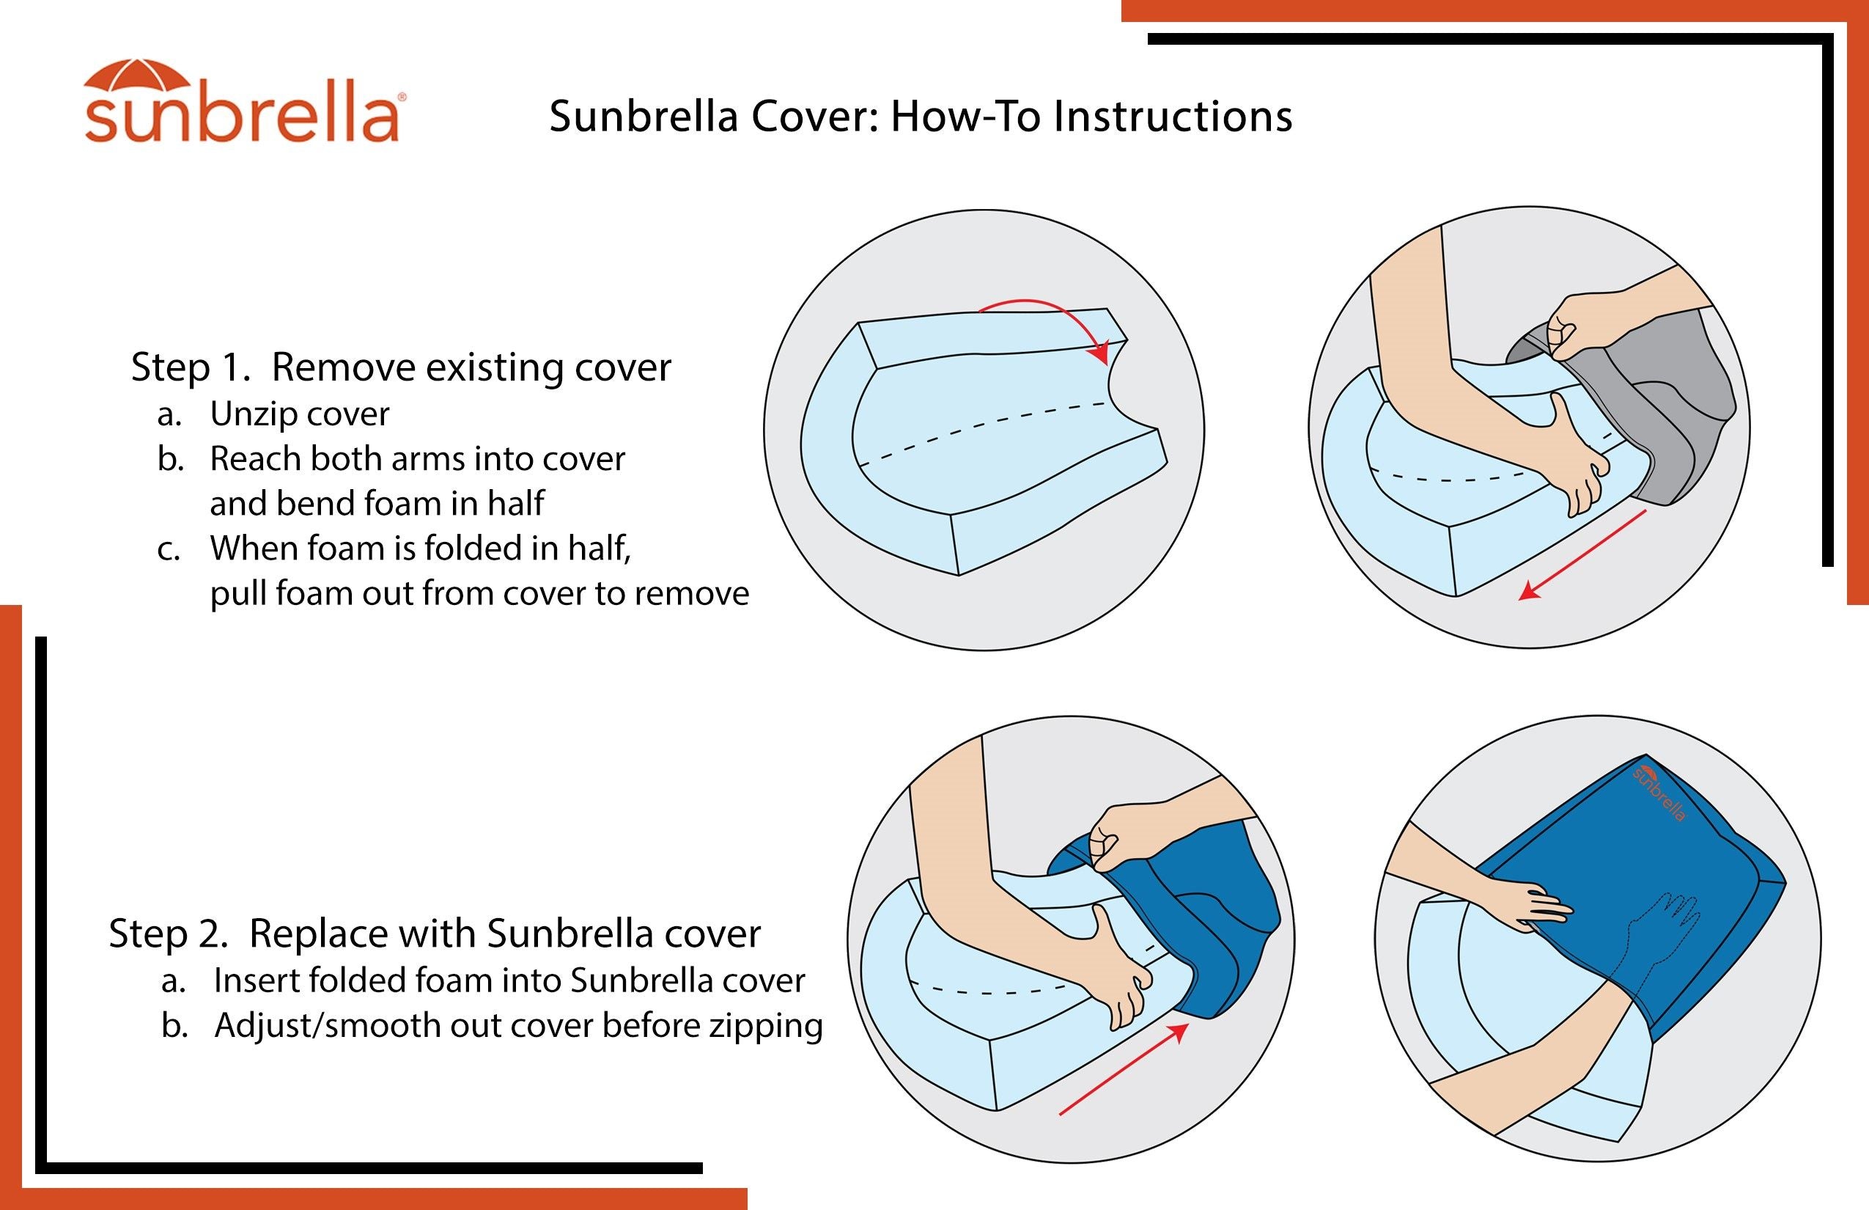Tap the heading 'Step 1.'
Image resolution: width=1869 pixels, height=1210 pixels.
tap(191, 367)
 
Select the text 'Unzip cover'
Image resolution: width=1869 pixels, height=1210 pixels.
tap(299, 414)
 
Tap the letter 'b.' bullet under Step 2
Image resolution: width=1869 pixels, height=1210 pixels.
tap(174, 1026)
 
